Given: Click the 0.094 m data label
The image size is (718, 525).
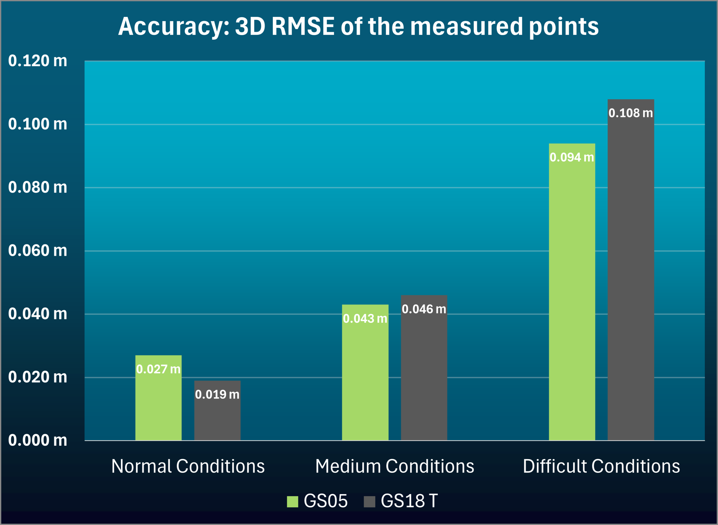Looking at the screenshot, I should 572,157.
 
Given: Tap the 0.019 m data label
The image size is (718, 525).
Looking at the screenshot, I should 217,395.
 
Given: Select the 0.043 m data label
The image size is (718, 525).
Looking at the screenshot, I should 365,319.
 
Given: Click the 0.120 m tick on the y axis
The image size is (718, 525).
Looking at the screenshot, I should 38,61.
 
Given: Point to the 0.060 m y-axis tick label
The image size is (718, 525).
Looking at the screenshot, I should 38,251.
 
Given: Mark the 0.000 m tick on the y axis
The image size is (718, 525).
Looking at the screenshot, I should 38,440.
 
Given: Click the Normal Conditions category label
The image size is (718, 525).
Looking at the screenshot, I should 188,466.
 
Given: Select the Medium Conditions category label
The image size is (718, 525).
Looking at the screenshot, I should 395,466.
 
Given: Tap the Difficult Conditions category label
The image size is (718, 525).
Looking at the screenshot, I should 601,466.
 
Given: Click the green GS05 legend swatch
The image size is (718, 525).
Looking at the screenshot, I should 292,502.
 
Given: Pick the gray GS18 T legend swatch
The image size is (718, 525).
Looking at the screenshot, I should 369,502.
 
